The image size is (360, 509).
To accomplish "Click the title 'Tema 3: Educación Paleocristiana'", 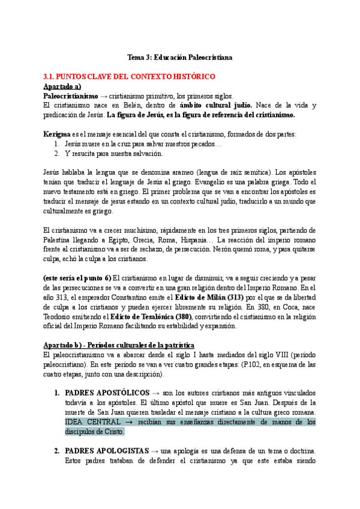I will [x=180, y=58].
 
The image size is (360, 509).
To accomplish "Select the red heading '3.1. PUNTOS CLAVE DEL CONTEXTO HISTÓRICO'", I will [x=130, y=77].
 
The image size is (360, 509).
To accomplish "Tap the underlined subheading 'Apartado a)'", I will [x=62, y=86].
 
